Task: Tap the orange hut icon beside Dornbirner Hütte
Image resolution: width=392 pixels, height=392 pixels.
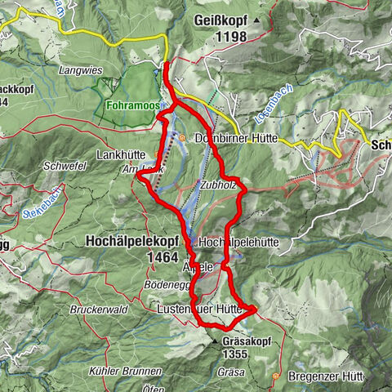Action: tap(184, 138)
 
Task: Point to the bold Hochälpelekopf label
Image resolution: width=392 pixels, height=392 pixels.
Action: tap(130, 241)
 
